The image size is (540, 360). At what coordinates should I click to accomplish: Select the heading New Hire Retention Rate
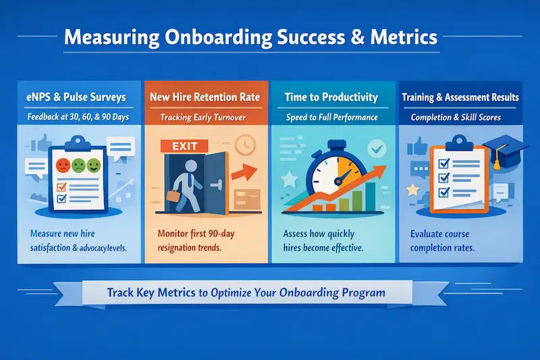tap(205, 97)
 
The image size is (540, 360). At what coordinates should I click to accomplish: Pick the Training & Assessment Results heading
tap(460, 97)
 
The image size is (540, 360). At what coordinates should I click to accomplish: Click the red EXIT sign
tap(177, 145)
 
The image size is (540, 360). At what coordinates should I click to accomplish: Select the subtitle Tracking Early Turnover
tap(205, 117)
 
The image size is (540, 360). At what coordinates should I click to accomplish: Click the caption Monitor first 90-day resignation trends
tap(205, 241)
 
